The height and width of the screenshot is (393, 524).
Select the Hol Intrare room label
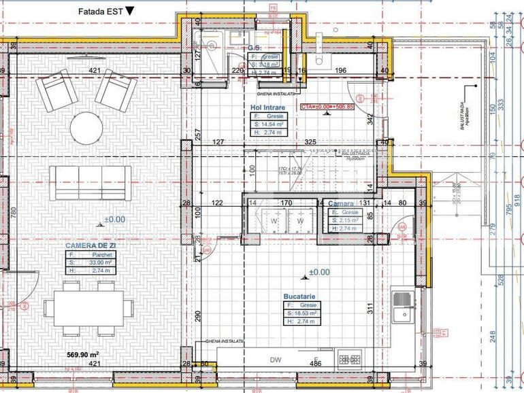click(267, 107)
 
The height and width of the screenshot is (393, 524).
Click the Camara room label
click(341, 204)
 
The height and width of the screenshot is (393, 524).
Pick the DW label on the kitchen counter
click(276, 360)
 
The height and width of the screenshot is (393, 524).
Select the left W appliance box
click(274, 221)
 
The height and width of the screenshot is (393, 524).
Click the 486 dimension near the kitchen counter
click(316, 364)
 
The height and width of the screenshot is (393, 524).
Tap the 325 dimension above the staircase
click(310, 142)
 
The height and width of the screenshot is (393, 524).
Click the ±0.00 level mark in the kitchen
click(319, 272)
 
